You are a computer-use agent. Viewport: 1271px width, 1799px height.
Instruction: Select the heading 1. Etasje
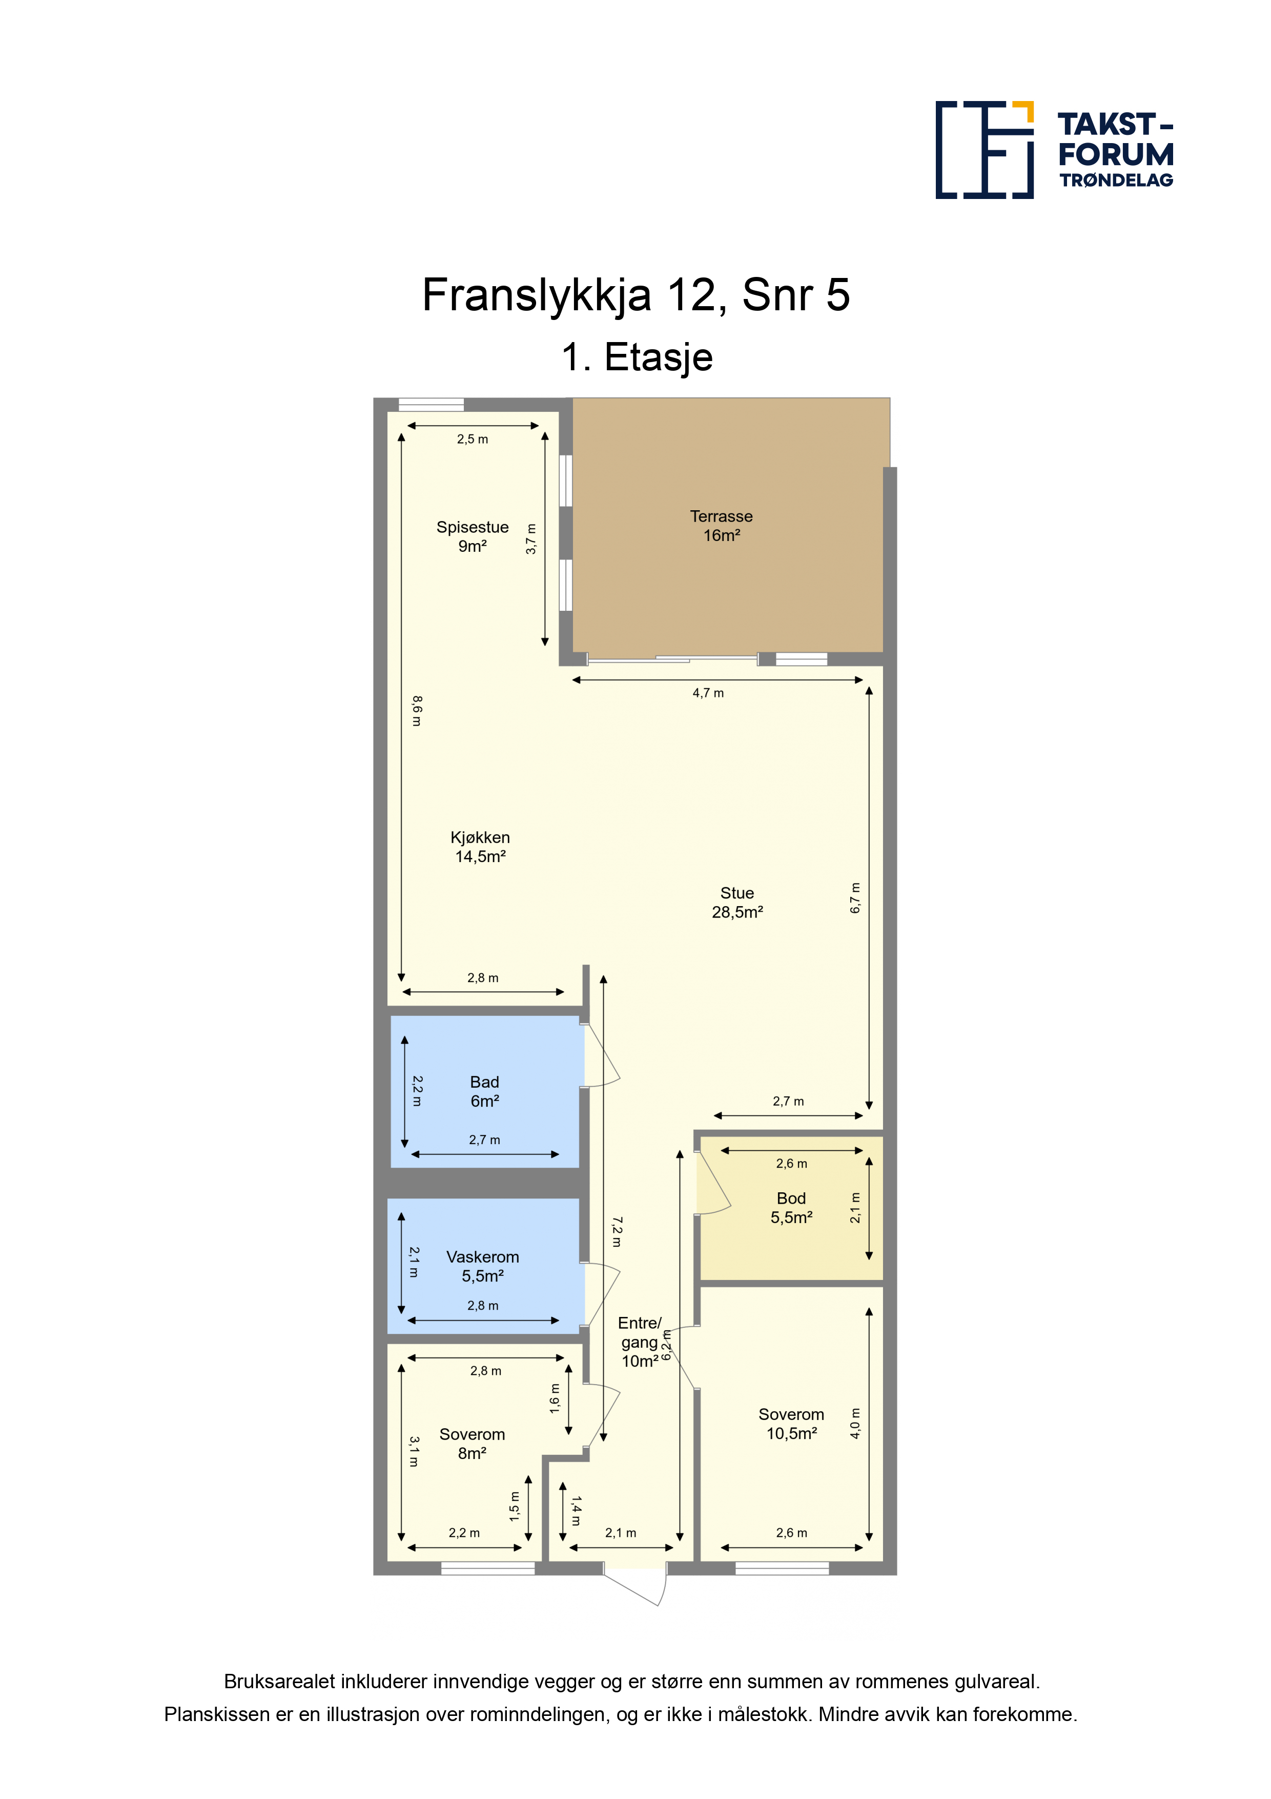(x=637, y=357)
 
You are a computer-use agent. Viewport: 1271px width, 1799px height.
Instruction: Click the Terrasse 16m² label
(x=721, y=526)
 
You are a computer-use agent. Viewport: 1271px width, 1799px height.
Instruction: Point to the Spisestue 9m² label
(x=472, y=537)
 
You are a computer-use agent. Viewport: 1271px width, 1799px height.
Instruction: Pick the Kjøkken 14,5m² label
(x=480, y=847)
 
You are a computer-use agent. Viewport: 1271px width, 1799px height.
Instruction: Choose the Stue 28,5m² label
(x=737, y=903)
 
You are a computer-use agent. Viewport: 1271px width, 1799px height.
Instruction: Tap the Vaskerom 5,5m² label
(x=482, y=1266)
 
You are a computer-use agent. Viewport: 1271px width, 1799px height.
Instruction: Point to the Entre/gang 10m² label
(x=640, y=1342)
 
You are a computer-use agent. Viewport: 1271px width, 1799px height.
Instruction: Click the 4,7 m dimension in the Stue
(x=708, y=693)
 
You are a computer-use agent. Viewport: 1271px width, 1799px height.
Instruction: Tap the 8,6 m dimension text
(x=417, y=711)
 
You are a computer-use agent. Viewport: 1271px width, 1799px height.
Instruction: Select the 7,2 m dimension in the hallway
(x=617, y=1232)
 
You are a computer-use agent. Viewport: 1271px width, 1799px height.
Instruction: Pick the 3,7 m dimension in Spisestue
(x=531, y=539)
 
